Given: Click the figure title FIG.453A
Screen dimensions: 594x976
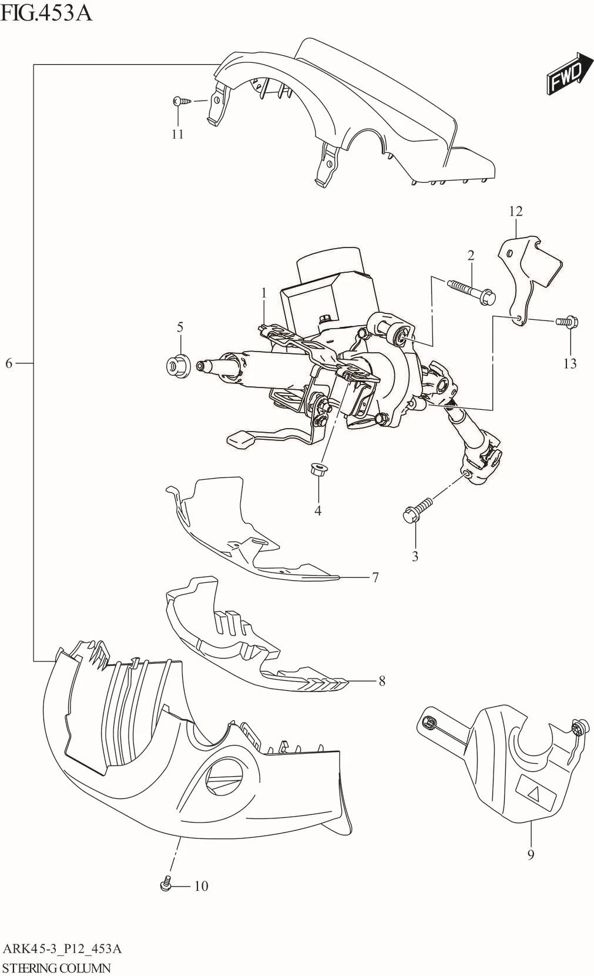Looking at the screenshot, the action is tap(47, 12).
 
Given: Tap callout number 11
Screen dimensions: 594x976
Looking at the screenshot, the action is tap(177, 134).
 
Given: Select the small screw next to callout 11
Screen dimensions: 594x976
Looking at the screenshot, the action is tap(183, 102).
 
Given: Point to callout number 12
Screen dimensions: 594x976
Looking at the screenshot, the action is tap(516, 211).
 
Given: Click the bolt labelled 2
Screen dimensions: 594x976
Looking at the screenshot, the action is tap(472, 292).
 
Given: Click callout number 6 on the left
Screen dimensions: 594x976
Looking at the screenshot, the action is tap(9, 363).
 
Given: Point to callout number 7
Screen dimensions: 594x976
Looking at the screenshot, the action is tap(375, 577).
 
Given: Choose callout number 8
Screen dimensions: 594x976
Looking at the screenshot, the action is tap(382, 681).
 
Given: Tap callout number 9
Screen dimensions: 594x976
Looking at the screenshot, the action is tap(531, 854).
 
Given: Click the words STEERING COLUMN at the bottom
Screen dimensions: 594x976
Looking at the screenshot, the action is tap(56, 968).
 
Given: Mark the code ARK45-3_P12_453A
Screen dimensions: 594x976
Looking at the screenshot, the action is tap(62, 948).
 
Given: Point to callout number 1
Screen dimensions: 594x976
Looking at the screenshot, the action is tap(264, 292).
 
